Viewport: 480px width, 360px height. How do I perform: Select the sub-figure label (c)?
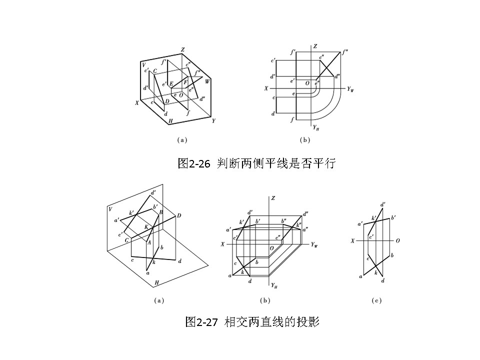click(x=376, y=300)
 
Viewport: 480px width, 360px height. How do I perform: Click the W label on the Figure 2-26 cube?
click(x=207, y=81)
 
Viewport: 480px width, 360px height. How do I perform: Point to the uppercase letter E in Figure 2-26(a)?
click(x=171, y=83)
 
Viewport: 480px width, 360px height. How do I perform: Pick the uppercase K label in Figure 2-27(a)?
click(x=146, y=227)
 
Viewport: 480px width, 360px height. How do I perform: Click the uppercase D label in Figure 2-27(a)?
click(x=178, y=215)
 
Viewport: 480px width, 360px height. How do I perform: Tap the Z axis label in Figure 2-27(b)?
click(x=273, y=198)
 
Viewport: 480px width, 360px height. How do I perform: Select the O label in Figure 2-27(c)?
click(x=397, y=240)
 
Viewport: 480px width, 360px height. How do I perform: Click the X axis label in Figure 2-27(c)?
click(x=352, y=240)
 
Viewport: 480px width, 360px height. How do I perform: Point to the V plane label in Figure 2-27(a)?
click(x=110, y=209)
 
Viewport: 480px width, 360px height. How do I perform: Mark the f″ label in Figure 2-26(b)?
click(x=344, y=51)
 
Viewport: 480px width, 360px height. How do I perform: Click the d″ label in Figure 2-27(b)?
click(x=305, y=214)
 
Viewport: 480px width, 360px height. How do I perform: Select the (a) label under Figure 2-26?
click(x=182, y=140)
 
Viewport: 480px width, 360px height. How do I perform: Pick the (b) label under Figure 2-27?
click(x=265, y=300)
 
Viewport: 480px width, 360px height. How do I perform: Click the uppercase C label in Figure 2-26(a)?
click(x=155, y=71)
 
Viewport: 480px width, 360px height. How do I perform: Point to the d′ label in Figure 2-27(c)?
click(x=382, y=204)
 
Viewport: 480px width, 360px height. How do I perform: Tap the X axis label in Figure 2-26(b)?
click(x=266, y=88)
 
